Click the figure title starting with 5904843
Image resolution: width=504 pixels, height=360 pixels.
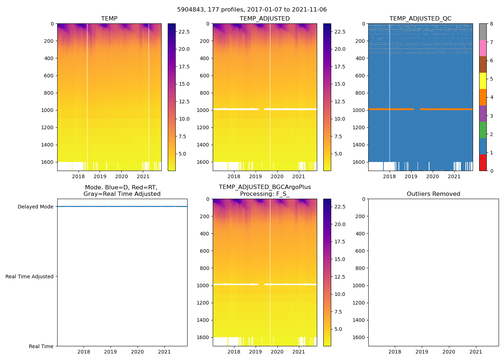tap(252, 10)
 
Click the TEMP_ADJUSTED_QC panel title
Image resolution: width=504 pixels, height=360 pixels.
tap(420, 19)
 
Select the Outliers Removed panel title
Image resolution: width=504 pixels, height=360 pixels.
tap(433, 194)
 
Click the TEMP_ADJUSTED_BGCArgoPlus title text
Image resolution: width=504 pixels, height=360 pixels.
tap(265, 187)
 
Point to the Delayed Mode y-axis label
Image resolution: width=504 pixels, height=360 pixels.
tap(35, 207)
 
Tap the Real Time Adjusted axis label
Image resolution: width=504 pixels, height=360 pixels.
tap(29, 276)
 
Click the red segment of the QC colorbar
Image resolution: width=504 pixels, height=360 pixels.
tap(483, 163)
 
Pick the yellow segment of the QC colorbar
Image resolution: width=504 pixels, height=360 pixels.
tap(483, 81)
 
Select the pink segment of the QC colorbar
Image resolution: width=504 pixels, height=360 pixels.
tap(483, 48)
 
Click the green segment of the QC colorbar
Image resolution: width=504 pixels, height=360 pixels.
tap(483, 130)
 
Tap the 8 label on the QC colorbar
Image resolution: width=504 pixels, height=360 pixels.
tap(491, 24)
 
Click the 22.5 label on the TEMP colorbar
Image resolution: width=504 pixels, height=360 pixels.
tap(184, 32)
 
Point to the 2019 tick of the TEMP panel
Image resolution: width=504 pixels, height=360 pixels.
tap(100, 176)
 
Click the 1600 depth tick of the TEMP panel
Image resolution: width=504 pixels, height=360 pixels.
tap(48, 162)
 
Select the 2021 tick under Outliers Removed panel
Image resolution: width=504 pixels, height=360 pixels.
tap(476, 352)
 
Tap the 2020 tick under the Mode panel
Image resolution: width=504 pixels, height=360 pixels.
tap(138, 352)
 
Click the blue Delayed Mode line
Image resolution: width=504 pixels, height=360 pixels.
tap(122, 206)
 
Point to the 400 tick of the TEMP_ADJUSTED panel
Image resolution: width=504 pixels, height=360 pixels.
tap(204, 58)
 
